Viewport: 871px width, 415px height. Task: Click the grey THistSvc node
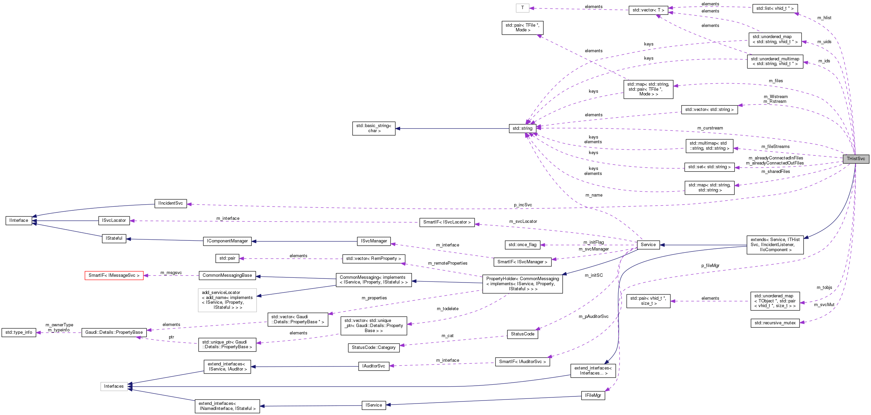coord(855,159)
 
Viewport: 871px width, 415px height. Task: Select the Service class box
coord(648,244)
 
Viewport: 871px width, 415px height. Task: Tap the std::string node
coord(522,128)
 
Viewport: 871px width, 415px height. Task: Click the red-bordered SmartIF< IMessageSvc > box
coord(114,275)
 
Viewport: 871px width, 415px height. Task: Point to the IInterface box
coord(19,220)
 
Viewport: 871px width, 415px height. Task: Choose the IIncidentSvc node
coord(171,203)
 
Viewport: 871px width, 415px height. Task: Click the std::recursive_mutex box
coord(775,323)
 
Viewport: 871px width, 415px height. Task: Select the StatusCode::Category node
coord(373,347)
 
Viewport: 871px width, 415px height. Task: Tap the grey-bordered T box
coord(522,8)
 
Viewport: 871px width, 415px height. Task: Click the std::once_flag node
coord(522,244)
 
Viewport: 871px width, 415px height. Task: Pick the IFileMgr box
coord(593,395)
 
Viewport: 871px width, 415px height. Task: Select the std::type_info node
coord(19,332)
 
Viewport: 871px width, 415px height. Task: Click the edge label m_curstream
coord(710,128)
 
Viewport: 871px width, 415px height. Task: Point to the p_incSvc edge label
coord(523,205)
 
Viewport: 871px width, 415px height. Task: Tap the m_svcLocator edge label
coord(523,221)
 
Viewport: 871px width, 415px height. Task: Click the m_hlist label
coord(824,18)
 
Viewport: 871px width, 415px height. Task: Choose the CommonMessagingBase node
coord(227,275)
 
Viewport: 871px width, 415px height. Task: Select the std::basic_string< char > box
coord(373,128)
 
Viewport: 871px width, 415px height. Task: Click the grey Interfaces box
coord(114,386)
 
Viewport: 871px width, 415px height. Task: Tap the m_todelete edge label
coord(447,308)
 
